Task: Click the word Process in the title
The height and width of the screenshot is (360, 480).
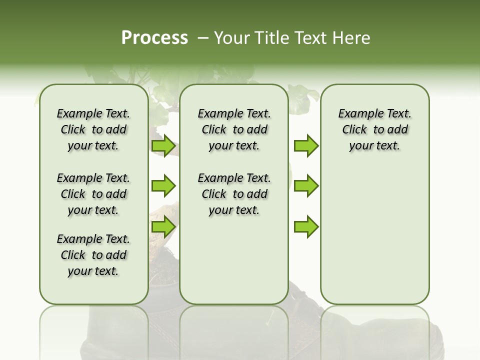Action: [154, 38]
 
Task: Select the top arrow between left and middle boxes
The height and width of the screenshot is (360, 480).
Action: [163, 146]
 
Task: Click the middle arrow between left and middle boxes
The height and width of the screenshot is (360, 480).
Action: [163, 186]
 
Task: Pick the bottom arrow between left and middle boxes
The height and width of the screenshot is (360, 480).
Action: [163, 227]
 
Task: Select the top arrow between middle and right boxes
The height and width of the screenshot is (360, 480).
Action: [306, 146]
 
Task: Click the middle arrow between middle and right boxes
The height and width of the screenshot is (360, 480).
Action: [306, 186]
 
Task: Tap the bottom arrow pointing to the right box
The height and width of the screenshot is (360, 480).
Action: [306, 227]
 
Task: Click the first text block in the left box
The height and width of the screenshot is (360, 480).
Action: [93, 129]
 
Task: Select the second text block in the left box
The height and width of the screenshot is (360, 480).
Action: [93, 194]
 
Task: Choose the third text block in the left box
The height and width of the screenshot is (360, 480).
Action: [93, 255]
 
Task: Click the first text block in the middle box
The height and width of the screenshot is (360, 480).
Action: [234, 129]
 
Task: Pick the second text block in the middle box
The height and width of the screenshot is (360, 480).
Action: [234, 194]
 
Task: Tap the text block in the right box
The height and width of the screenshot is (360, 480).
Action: [375, 129]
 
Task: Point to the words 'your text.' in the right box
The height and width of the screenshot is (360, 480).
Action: [375, 145]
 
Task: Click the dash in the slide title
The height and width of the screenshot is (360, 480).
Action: [203, 38]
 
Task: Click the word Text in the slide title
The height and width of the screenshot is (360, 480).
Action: [309, 38]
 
